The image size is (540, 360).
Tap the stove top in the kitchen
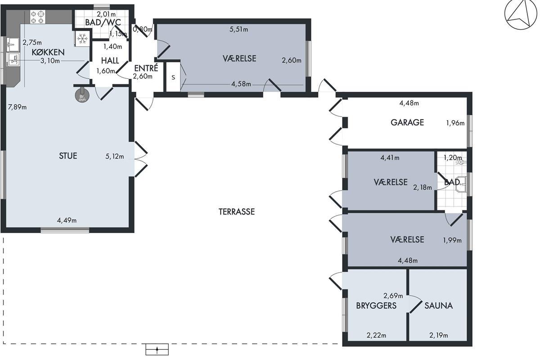click(x=38, y=17)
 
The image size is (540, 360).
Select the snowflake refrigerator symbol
click(x=82, y=39)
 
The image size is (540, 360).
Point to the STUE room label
click(x=68, y=156)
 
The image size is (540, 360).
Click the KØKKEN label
click(x=48, y=52)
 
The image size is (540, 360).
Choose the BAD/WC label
click(x=103, y=22)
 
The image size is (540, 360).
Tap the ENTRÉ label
click(x=146, y=68)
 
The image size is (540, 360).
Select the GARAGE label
click(x=407, y=122)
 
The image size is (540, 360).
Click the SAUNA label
click(x=438, y=306)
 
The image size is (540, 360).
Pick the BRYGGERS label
click(x=376, y=306)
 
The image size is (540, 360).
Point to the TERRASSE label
click(x=237, y=211)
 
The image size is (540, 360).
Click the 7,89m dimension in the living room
click(x=17, y=107)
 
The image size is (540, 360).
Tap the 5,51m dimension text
click(x=238, y=29)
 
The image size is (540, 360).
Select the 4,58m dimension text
click(x=241, y=84)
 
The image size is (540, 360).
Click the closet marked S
click(x=173, y=77)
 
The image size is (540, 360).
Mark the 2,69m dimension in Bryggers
click(x=393, y=295)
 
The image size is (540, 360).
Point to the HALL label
click(x=110, y=60)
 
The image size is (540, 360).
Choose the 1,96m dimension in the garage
click(x=455, y=123)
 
